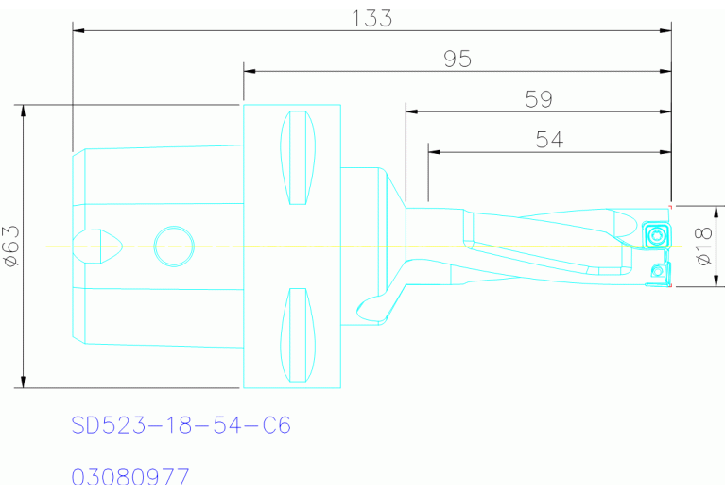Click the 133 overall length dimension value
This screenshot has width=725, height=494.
(x=371, y=19)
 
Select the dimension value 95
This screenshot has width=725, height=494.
(x=457, y=60)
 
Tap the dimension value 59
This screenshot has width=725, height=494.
(x=539, y=99)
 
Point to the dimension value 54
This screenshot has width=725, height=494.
(x=549, y=140)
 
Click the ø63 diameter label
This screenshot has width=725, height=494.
(x=11, y=246)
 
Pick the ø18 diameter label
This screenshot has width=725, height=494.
(x=703, y=246)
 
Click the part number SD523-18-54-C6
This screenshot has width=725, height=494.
(x=181, y=425)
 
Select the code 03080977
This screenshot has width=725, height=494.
(x=130, y=477)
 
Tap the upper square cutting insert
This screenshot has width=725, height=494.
(x=656, y=235)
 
